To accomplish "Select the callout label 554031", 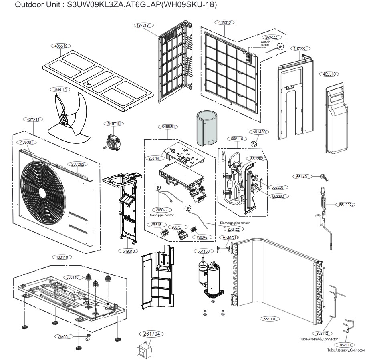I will (272, 319).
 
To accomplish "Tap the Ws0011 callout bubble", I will (63, 336).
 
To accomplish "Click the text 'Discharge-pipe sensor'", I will (235, 223).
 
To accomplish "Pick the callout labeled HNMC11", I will (230, 237).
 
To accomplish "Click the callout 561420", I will (261, 131).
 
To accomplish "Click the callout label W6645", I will (156, 225).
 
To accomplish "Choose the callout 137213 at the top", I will (143, 25).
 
